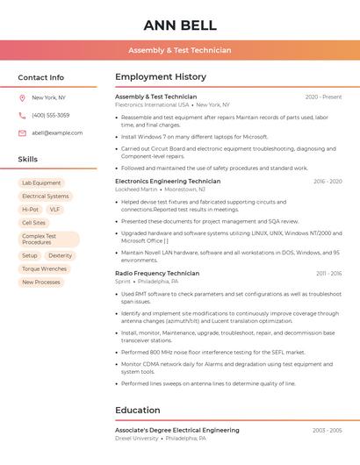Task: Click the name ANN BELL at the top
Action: pos(180,25)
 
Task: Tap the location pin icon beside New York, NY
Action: pos(22,98)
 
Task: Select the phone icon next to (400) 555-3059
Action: pos(22,116)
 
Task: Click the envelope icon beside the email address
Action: pos(22,133)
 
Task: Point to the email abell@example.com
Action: pos(57,133)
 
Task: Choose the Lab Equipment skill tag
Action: pos(41,183)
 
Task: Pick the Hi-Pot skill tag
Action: pos(30,210)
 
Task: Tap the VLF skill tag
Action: pos(54,210)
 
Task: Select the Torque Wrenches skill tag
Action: pos(44,268)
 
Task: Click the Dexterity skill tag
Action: pos(61,255)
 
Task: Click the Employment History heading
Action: pos(161,77)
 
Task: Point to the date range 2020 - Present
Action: pos(323,97)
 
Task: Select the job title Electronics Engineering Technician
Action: pos(168,182)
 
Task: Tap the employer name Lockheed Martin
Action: pos(136,190)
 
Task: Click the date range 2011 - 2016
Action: pos(328,274)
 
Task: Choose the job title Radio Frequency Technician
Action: pos(157,274)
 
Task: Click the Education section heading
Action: pos(138,411)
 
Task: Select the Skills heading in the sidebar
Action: pos(28,160)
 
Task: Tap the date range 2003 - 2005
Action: pos(328,431)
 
